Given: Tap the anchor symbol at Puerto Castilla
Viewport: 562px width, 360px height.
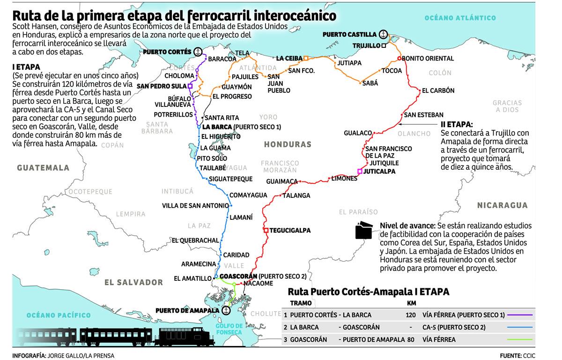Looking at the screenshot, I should (384, 34).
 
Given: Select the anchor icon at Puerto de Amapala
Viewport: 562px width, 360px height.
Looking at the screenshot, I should (227, 310).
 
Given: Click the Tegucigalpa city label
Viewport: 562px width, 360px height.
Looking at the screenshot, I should (290, 231).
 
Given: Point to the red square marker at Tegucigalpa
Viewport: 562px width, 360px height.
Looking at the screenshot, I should (266, 231).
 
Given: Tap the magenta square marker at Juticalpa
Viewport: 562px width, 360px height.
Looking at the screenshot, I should (360, 172).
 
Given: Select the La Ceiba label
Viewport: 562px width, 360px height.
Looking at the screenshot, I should (288, 59).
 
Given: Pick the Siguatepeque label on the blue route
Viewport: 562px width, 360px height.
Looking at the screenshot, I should (230, 179).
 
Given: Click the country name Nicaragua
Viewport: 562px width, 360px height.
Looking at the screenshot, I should (503, 205).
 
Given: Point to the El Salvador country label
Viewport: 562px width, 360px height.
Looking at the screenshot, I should (133, 282).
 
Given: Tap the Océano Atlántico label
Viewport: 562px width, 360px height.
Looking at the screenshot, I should (460, 18).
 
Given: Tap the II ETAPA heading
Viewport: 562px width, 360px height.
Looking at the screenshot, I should (456, 125).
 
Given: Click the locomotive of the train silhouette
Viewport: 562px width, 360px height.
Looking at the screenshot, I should (178, 335).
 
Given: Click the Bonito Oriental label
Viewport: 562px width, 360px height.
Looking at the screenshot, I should (428, 59).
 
